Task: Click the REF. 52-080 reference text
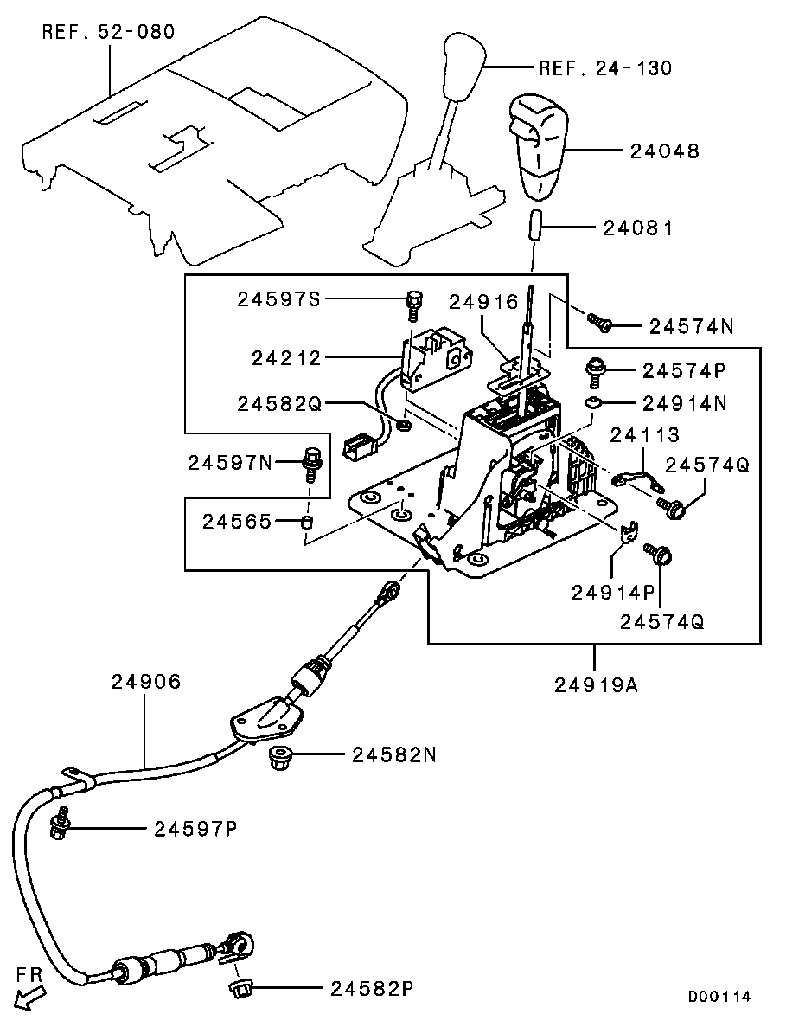tap(108, 33)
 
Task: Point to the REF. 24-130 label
tap(604, 68)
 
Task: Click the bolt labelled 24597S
tap(414, 305)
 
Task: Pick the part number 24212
tap(285, 357)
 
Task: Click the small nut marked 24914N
tap(594, 402)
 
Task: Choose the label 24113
tap(645, 435)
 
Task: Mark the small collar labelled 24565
tap(306, 522)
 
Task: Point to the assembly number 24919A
tap(595, 685)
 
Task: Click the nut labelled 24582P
tap(240, 987)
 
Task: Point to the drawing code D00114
tap(719, 996)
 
